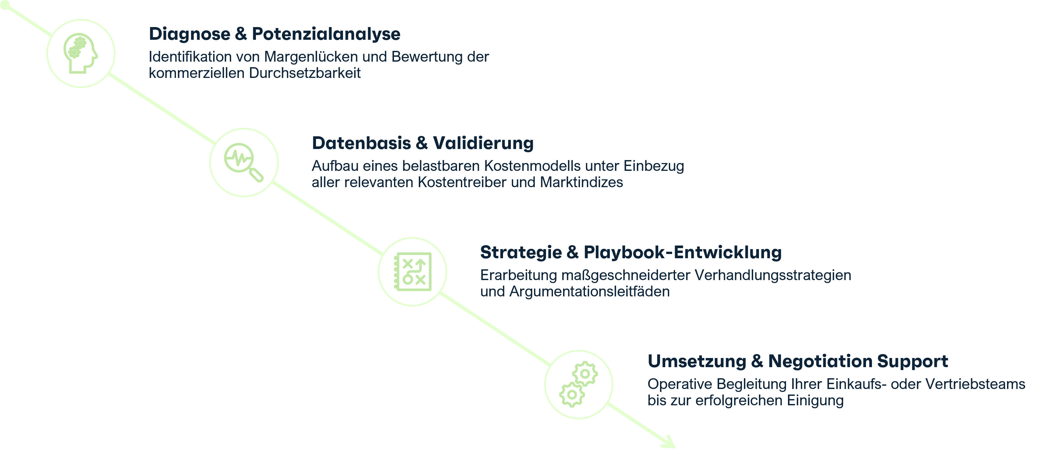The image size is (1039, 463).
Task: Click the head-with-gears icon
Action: tap(80, 53)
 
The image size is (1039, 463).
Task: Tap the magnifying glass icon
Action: tap(244, 162)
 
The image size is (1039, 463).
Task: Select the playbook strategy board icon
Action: tap(413, 272)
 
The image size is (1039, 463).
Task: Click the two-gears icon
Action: tap(578, 384)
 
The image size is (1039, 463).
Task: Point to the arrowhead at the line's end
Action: tap(669, 442)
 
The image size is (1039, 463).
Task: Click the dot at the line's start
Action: tap(5, 5)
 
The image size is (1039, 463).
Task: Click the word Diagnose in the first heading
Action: tap(190, 34)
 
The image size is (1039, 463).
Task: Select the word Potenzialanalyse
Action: tap(326, 34)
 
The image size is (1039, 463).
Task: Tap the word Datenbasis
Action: tap(361, 143)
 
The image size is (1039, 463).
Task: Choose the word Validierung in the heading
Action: tap(483, 143)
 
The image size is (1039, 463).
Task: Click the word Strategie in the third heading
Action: tap(521, 253)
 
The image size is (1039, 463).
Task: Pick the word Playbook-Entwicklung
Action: tap(683, 253)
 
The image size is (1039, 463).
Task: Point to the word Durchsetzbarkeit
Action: tap(305, 73)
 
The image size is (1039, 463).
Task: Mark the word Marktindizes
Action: tap(581, 183)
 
